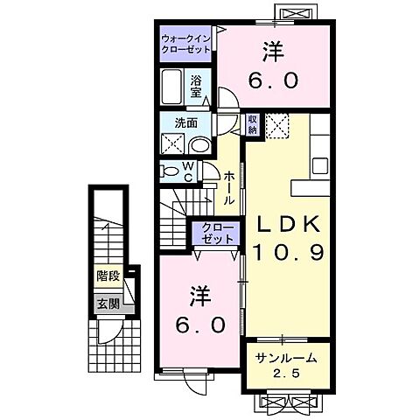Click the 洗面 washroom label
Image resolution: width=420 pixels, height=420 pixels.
click(x=175, y=124)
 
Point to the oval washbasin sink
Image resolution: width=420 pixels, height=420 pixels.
click(x=199, y=146)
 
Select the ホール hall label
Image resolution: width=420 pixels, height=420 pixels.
click(x=228, y=187)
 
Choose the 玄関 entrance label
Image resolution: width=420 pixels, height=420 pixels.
click(x=108, y=304)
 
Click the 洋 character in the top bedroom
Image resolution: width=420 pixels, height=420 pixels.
click(x=274, y=50)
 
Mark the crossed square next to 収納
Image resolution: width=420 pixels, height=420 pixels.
click(x=278, y=127)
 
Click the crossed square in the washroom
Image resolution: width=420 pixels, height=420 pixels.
click(x=173, y=143)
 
